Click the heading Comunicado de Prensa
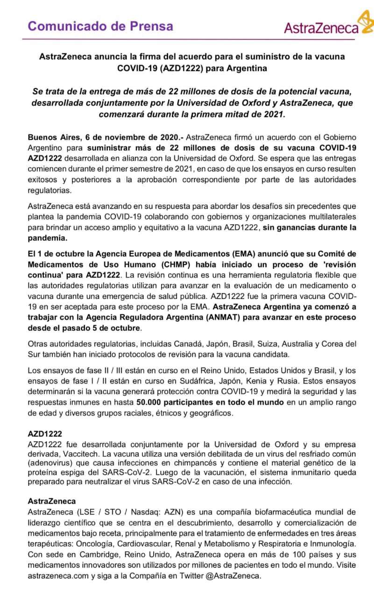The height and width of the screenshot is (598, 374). pos(100,26)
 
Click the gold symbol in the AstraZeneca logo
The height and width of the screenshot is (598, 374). pos(366,21)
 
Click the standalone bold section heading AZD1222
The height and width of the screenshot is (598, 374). pos(45,434)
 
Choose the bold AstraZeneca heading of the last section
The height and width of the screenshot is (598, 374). pos(51,502)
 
